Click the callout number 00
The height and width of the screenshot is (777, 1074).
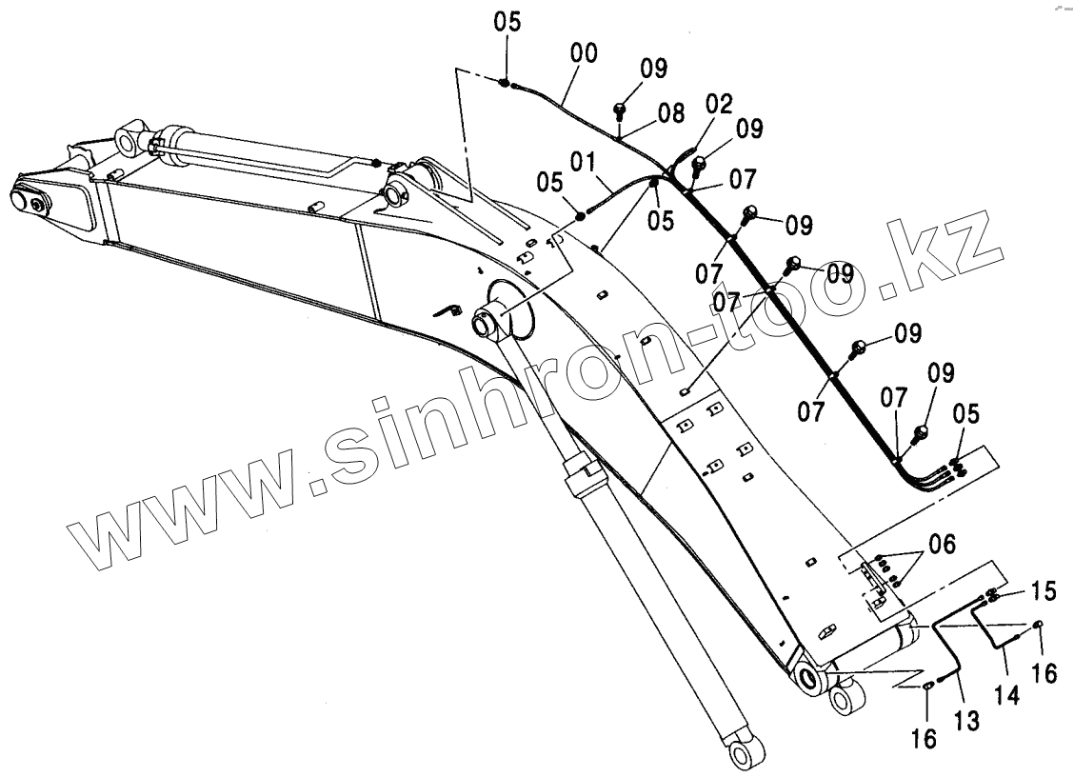(584, 54)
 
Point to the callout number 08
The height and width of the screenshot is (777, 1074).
(670, 113)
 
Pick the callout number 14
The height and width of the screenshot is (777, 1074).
(1008, 693)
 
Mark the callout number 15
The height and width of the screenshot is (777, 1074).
(1044, 591)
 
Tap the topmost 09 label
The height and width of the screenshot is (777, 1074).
(653, 69)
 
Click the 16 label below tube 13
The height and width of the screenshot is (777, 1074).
(924, 737)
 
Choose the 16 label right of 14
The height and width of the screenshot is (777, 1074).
(1044, 673)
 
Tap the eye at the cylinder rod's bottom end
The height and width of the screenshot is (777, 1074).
(743, 753)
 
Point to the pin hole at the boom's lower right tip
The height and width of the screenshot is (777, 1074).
(809, 680)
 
